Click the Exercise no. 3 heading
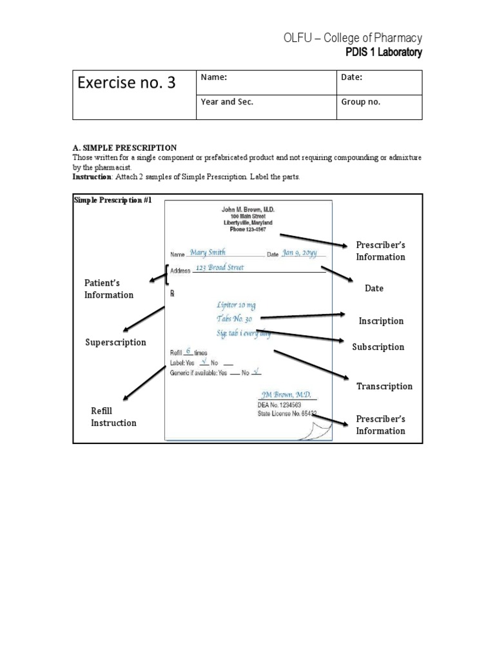point(126,83)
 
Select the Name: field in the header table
point(215,77)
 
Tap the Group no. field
point(360,102)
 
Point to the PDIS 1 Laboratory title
point(383,52)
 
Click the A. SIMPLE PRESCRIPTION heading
point(124,148)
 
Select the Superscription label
point(116,342)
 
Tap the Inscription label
point(381,321)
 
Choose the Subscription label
point(378,347)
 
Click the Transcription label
point(384,386)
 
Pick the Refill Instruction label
point(113,417)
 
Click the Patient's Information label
point(108,289)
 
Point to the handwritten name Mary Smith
point(208,253)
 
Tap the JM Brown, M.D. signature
point(286,394)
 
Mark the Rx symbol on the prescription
point(173,293)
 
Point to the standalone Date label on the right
point(374,288)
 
